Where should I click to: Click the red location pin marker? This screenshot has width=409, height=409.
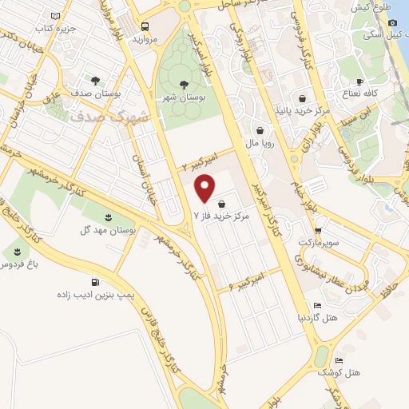tap(206, 189)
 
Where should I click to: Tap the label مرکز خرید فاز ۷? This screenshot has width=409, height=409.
tap(222, 216)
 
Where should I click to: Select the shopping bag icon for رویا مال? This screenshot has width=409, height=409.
tap(260, 130)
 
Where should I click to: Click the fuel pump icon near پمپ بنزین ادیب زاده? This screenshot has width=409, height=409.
tap(96, 281)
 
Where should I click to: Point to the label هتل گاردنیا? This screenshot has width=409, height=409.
tap(317, 318)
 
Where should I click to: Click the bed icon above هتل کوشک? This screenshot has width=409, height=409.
tap(339, 360)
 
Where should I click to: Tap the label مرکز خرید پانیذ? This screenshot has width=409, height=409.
tap(303, 108)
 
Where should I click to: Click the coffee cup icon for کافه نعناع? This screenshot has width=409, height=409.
tap(360, 81)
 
